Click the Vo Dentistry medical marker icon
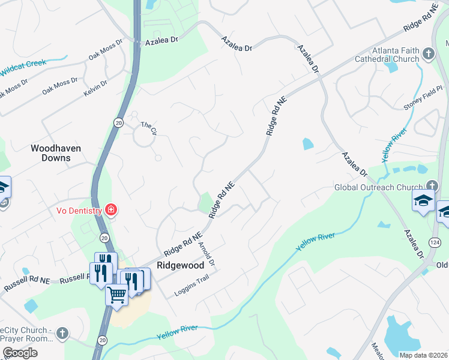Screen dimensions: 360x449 coord(111,209)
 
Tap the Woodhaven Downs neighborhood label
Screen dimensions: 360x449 coord(56,153)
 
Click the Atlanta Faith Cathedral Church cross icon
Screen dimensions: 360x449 coord(428,54)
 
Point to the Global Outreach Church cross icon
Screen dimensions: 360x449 coord(432,187)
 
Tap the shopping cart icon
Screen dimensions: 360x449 coord(116,293)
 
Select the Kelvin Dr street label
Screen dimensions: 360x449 coord(95,88)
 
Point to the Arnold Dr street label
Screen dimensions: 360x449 coord(206,254)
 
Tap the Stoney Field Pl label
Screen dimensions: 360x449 coord(423,97)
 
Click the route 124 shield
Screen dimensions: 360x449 coord(435,242)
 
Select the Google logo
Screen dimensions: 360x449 coord(20,353)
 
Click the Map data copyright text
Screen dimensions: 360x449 coord(423,355)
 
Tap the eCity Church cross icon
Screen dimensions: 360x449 coord(62,332)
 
